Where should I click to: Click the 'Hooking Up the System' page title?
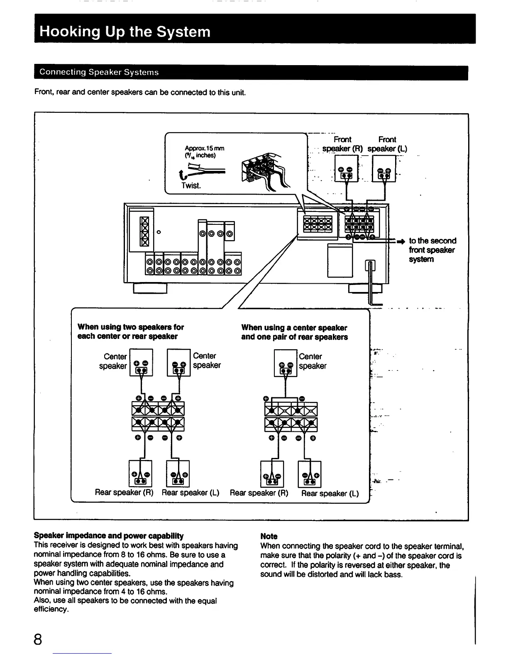125,32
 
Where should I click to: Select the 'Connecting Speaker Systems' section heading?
99,73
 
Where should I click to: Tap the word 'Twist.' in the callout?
191,185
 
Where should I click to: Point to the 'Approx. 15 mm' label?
204,148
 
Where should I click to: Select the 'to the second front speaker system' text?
432,250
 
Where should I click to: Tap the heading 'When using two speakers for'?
130,327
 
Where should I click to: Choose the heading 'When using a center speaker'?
294,328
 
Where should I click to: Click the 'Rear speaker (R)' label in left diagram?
124,492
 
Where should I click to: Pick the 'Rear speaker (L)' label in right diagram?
330,493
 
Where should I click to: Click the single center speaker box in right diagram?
286,363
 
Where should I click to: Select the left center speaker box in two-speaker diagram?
142,363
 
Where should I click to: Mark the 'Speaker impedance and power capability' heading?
108,536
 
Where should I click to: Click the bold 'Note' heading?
269,536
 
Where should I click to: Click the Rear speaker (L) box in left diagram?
178,474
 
